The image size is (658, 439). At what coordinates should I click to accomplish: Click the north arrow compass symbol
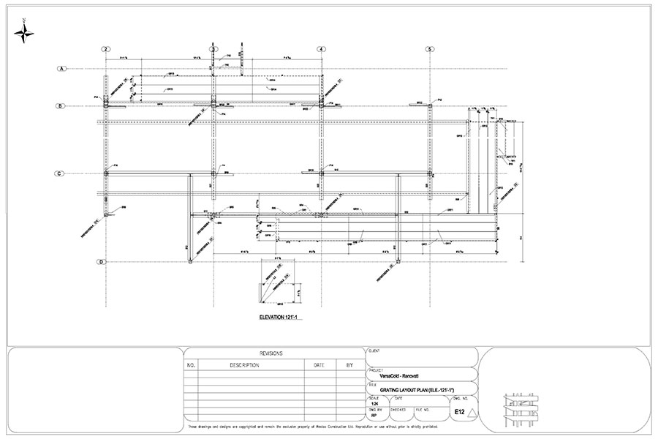coord(24,31)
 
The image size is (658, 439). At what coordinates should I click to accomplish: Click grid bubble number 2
coord(107,49)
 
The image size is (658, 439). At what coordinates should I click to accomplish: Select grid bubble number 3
coord(213,49)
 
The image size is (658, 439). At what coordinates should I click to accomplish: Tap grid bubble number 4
coord(321,49)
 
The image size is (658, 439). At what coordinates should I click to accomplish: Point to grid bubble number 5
coord(430,49)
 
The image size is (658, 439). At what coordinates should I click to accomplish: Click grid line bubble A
coord(62,69)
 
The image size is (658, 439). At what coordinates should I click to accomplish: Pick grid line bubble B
coord(62,107)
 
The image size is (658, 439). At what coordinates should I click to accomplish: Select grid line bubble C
coord(62,173)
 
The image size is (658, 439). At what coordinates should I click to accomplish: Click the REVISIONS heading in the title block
coord(273,353)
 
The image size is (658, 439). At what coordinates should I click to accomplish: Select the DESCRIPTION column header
coord(244,364)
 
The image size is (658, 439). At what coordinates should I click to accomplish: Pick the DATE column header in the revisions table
coord(319,364)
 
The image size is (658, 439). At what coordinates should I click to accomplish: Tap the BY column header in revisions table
coord(349,364)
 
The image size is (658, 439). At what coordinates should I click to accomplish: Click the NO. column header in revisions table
coord(192,364)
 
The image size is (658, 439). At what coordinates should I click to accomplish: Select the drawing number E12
coord(459,413)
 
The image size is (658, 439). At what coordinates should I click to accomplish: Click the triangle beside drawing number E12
coord(472,413)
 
